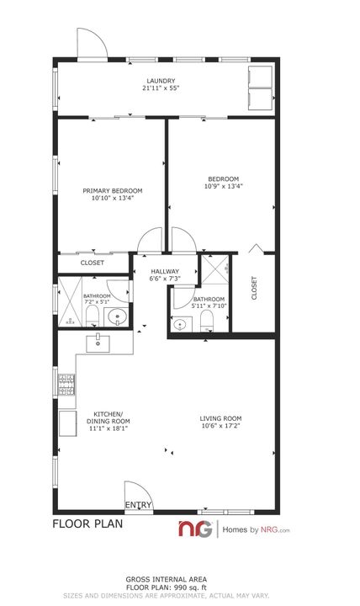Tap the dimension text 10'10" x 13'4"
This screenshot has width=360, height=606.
(x=108, y=198)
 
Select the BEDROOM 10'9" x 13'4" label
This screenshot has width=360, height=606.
(x=224, y=182)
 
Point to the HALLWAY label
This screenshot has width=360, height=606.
(x=165, y=271)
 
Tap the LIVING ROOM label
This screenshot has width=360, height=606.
(x=220, y=418)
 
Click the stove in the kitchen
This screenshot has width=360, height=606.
(x=66, y=385)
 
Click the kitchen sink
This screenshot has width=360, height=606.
(x=98, y=342)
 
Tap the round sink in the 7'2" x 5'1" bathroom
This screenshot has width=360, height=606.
(x=118, y=317)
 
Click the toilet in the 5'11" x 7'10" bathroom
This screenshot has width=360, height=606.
(x=207, y=318)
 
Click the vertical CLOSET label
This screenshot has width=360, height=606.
(x=254, y=288)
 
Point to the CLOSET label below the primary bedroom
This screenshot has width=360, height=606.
(x=93, y=263)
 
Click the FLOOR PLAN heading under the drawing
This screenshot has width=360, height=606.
(x=87, y=524)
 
